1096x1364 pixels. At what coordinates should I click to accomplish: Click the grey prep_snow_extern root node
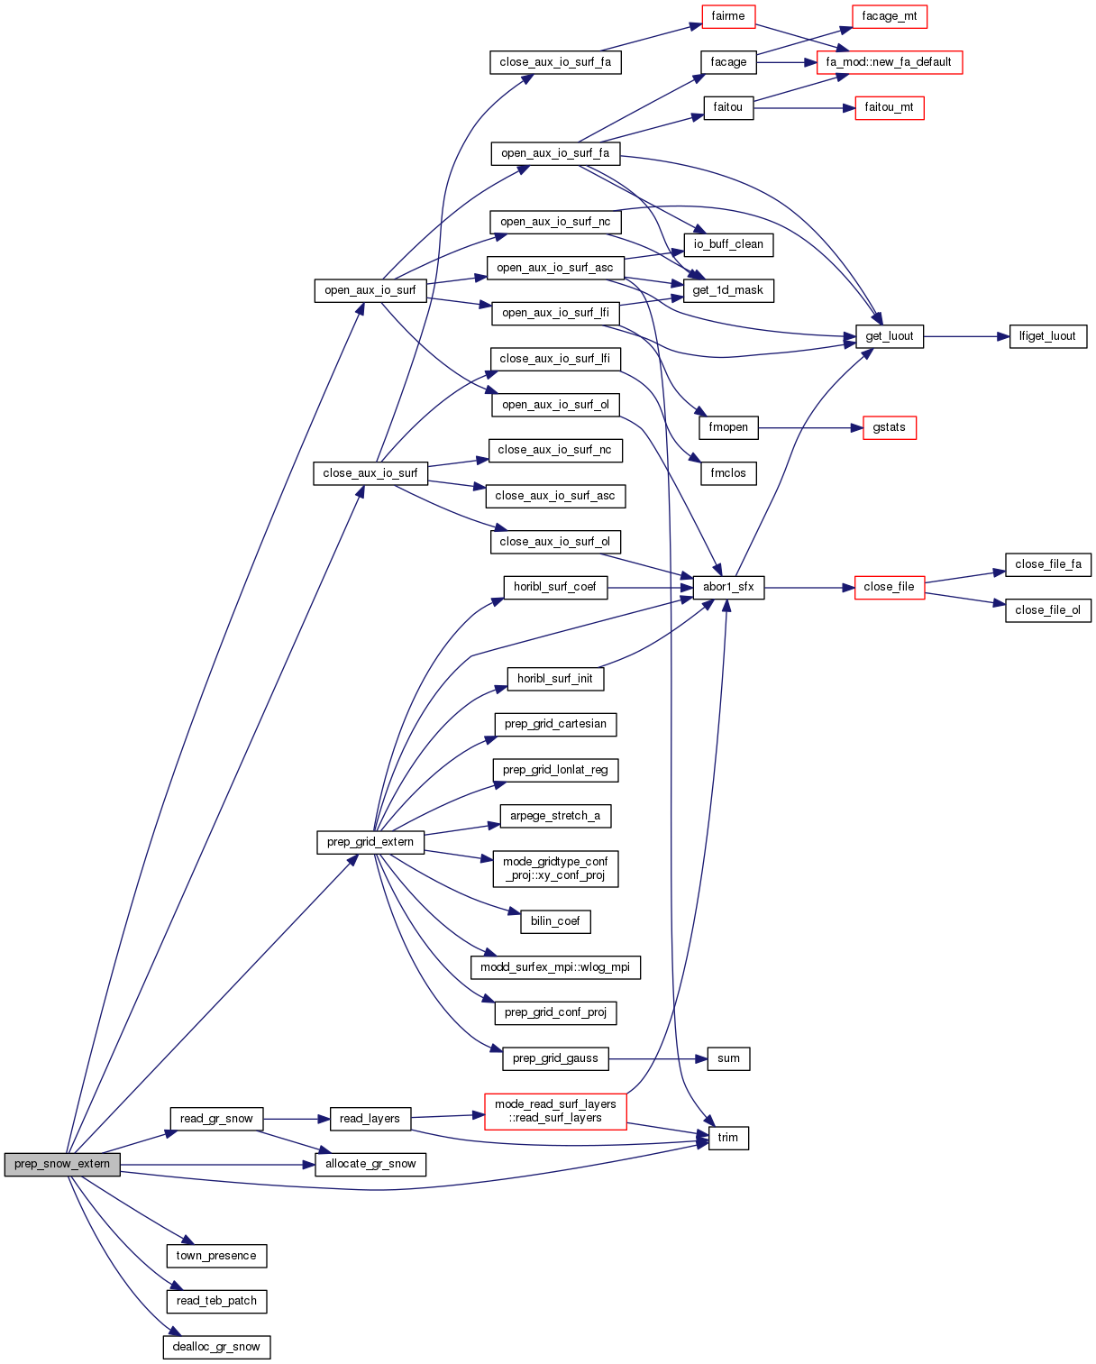click(62, 1164)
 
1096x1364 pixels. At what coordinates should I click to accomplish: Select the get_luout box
click(889, 336)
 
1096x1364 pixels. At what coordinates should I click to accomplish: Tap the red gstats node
click(889, 427)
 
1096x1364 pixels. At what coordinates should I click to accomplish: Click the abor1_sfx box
click(728, 587)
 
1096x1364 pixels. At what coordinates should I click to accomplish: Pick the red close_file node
click(889, 587)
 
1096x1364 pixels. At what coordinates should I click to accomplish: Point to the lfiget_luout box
click(1047, 336)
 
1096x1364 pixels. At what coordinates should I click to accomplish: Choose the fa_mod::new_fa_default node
click(889, 62)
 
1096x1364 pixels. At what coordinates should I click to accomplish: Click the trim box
click(728, 1138)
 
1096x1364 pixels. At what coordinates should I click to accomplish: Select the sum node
click(728, 1058)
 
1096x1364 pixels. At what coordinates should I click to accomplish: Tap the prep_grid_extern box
click(370, 842)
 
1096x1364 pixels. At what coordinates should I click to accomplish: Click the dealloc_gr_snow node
click(216, 1347)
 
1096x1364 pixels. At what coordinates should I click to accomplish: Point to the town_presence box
click(216, 1256)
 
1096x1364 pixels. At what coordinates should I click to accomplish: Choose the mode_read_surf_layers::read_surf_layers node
click(555, 1111)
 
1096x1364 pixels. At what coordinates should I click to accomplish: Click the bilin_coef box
click(555, 921)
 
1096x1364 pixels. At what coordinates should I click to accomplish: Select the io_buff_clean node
click(728, 244)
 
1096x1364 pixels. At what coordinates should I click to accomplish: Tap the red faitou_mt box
click(889, 107)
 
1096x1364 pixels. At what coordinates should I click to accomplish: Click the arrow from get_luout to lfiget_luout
click(965, 336)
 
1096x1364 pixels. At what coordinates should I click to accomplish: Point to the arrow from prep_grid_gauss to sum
click(658, 1058)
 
